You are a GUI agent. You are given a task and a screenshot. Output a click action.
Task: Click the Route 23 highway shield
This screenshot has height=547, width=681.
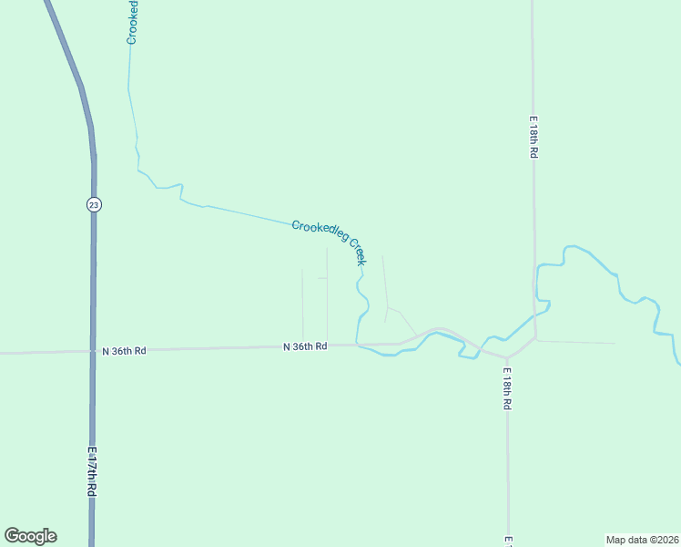coord(94,205)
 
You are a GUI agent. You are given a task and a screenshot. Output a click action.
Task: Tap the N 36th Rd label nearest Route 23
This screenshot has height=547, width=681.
coord(124,351)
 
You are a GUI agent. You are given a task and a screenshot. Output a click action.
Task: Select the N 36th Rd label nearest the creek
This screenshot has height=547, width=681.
coord(305,346)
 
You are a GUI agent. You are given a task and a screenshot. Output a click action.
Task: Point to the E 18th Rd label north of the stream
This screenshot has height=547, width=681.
coord(534,137)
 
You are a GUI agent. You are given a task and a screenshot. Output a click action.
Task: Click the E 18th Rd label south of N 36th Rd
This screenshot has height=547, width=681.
coord(507,388)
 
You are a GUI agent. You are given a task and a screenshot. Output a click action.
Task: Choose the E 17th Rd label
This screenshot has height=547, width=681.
coord(92,470)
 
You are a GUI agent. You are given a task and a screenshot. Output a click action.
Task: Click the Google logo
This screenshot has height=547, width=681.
coord(30,536)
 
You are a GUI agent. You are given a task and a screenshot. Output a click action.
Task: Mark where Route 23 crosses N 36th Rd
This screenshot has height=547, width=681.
coord(93,350)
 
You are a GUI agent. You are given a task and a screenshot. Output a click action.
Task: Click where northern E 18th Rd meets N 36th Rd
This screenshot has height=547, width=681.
coord(535,339)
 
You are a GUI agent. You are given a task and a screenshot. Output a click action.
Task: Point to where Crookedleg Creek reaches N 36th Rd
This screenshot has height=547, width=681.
coord(357,345)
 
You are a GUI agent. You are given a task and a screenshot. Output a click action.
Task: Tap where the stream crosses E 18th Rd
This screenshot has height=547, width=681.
coord(535,314)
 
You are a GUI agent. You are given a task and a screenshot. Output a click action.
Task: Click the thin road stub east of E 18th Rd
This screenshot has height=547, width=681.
coord(578,342)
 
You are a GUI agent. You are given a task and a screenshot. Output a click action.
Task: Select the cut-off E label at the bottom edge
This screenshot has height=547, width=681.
coord(509,542)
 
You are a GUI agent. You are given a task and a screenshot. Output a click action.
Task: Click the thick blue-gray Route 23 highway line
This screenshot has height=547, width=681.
coord(92,273)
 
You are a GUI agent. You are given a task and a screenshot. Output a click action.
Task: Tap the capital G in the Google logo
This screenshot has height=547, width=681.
coord(12,536)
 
